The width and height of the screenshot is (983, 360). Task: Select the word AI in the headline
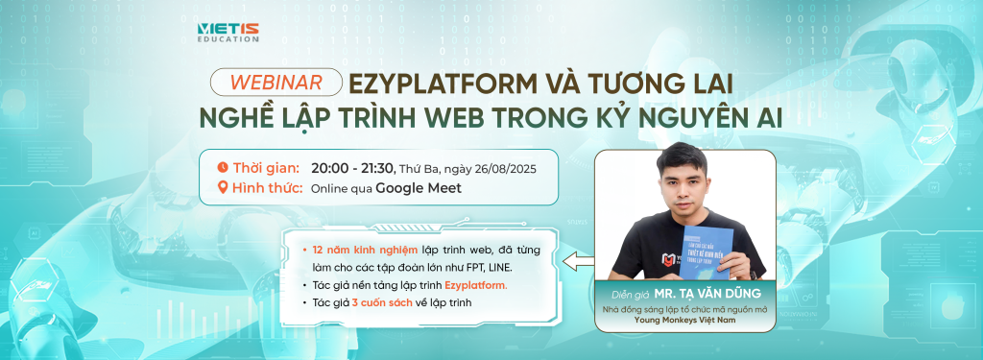point(766,118)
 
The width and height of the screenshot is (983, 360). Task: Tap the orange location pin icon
point(223,188)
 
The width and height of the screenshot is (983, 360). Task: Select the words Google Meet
point(418,188)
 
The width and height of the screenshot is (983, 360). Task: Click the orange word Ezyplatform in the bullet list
point(477,285)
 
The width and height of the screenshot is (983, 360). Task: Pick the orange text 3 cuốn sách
point(383,303)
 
